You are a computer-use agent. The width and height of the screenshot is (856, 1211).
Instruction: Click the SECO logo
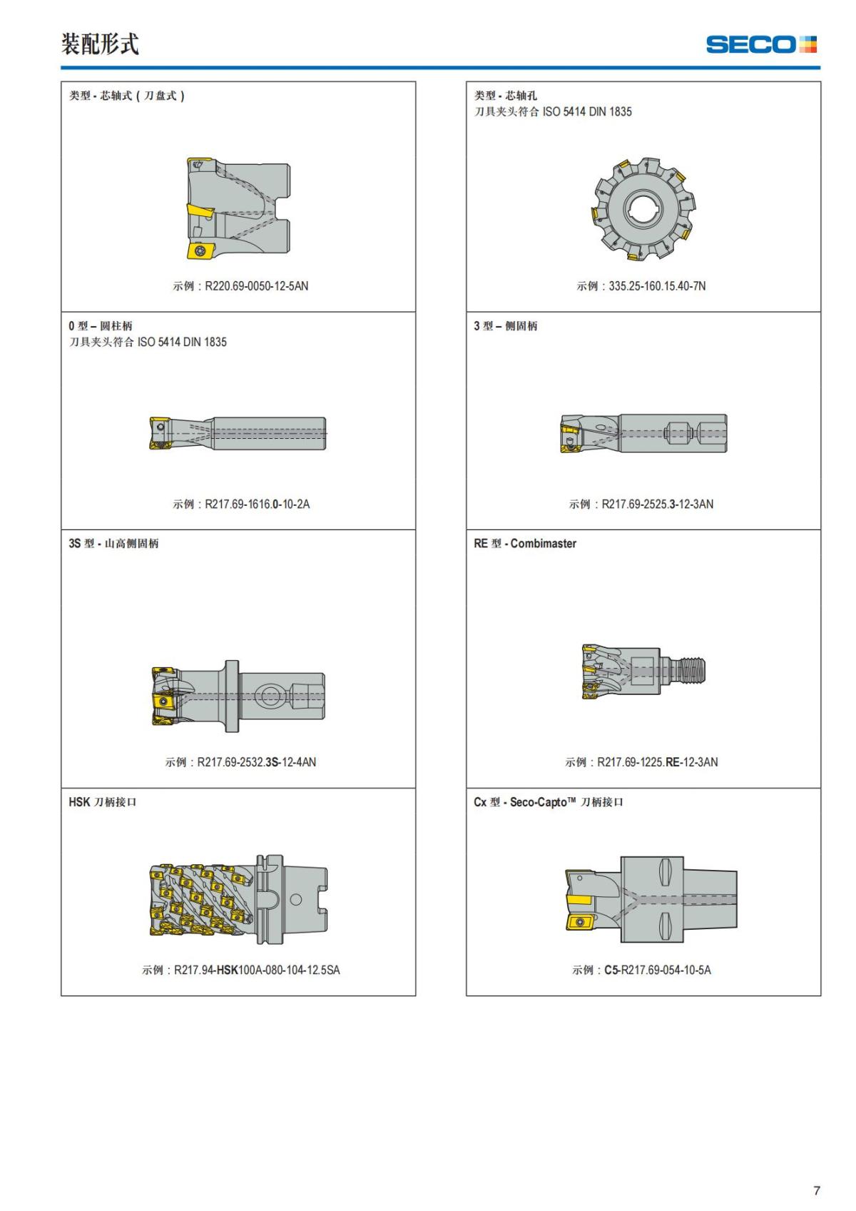tap(761, 44)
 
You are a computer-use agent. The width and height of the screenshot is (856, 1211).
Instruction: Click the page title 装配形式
tap(100, 44)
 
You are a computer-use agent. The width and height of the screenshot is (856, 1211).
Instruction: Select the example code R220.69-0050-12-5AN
tap(257, 286)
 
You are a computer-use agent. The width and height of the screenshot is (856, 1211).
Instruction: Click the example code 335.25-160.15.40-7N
tap(657, 286)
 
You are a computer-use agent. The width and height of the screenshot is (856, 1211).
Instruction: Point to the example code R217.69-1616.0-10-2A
tap(258, 504)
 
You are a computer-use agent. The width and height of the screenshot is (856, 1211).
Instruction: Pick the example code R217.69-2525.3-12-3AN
tap(658, 504)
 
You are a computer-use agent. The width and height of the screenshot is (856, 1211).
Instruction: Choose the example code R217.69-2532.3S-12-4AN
tap(257, 761)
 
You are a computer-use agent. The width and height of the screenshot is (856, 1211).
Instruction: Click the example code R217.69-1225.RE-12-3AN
tap(658, 761)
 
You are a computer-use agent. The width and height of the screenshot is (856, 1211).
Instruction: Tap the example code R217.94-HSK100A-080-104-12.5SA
tap(258, 970)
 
